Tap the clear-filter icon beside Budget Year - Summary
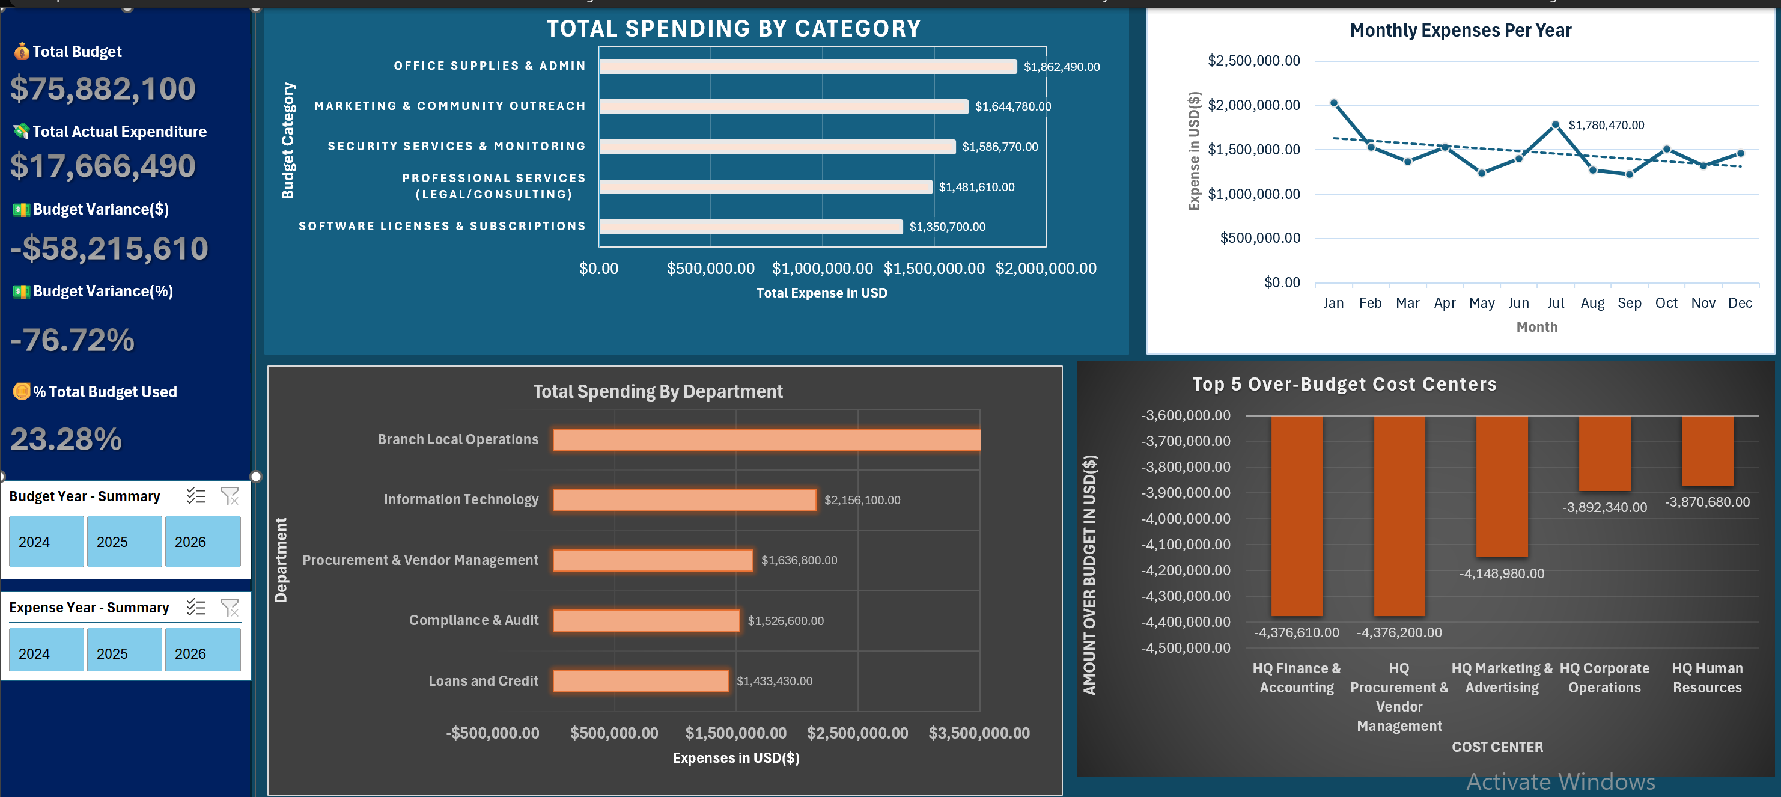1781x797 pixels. click(x=230, y=496)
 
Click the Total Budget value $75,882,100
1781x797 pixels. click(x=103, y=88)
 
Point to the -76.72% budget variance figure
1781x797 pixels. click(x=73, y=340)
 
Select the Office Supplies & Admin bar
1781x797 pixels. click(x=808, y=66)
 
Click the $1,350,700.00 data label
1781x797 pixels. click(x=947, y=227)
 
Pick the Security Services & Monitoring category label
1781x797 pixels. click(x=456, y=147)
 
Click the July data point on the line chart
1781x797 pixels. click(x=1556, y=125)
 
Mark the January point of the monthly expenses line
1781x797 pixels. click(x=1334, y=103)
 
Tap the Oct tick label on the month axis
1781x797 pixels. click(x=1666, y=303)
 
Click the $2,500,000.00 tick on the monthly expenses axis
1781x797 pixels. click(x=1253, y=61)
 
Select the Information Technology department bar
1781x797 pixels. click(x=684, y=499)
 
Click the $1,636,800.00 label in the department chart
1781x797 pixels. click(x=799, y=560)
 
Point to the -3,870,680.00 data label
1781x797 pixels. click(x=1707, y=502)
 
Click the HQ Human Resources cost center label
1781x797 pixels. click(x=1707, y=678)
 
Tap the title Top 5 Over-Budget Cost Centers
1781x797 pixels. click(x=1344, y=385)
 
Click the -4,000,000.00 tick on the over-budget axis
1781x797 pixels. click(x=1186, y=519)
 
